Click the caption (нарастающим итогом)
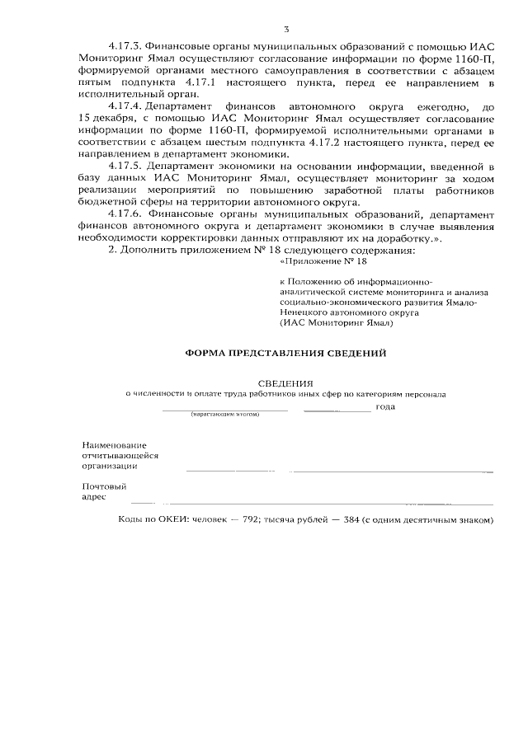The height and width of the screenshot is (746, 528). point(224,414)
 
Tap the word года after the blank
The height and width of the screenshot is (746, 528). point(385,406)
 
